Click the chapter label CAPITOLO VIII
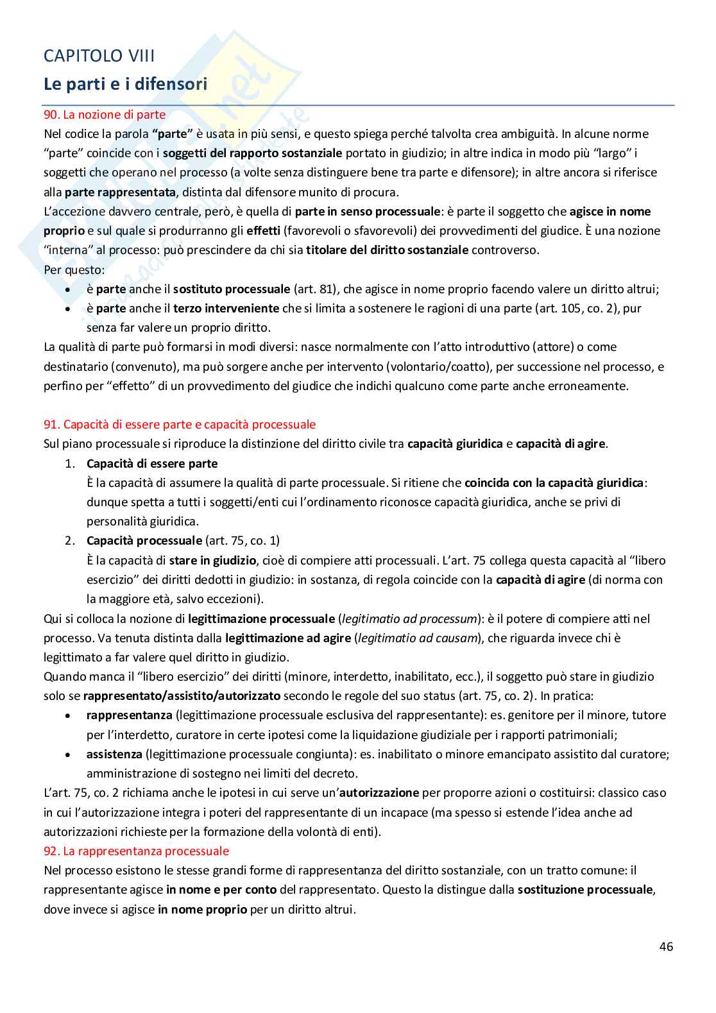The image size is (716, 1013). coord(99,56)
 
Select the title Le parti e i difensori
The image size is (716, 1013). coord(125,84)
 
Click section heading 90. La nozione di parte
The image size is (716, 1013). coord(105,115)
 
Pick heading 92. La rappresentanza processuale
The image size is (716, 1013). coord(136,851)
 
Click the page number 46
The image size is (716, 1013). coord(666,946)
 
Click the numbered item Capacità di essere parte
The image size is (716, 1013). coord(152,463)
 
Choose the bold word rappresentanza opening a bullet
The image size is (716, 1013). coord(129,715)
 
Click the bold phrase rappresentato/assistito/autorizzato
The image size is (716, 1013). coord(182,695)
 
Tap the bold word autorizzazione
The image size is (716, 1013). coord(379,792)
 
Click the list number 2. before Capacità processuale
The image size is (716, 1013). coord(71,540)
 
